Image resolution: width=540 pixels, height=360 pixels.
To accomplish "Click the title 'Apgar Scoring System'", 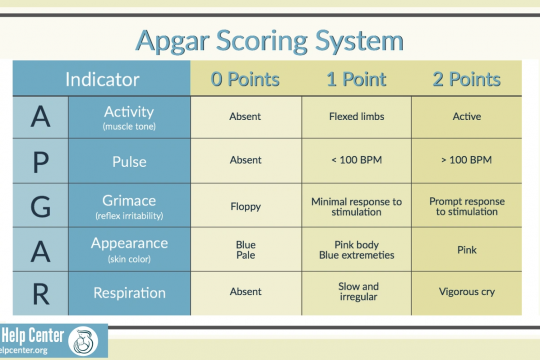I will (270, 41).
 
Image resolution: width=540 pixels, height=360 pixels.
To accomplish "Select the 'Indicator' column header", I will (102, 79).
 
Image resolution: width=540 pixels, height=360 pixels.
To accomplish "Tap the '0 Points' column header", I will (245, 79).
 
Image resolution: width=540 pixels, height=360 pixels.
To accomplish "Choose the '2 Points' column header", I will (465, 79).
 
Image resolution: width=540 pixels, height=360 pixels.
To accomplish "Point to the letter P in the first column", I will (40, 160).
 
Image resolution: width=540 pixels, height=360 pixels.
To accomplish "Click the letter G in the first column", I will (40, 205).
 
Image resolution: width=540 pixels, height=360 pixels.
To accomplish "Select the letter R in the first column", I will (40, 293).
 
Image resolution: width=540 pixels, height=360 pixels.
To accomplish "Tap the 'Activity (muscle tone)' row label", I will (129, 118).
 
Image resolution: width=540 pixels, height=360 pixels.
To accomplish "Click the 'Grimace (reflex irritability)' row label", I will (129, 205).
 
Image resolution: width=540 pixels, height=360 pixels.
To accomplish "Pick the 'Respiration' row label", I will (129, 293).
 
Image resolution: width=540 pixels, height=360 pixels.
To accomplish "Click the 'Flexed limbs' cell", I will (355, 117).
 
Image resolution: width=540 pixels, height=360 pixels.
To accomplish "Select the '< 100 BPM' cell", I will (355, 161).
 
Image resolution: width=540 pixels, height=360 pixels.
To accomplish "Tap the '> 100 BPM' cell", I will (466, 161).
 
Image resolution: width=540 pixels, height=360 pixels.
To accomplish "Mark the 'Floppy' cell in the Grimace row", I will (245, 206).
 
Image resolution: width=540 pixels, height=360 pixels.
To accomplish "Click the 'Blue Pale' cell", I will (245, 249).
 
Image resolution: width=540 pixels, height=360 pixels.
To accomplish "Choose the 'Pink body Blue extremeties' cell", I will (355, 249).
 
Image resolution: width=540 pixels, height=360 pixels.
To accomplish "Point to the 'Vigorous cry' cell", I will (466, 293).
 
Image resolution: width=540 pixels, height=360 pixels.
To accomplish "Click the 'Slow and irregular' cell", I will (355, 292).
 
